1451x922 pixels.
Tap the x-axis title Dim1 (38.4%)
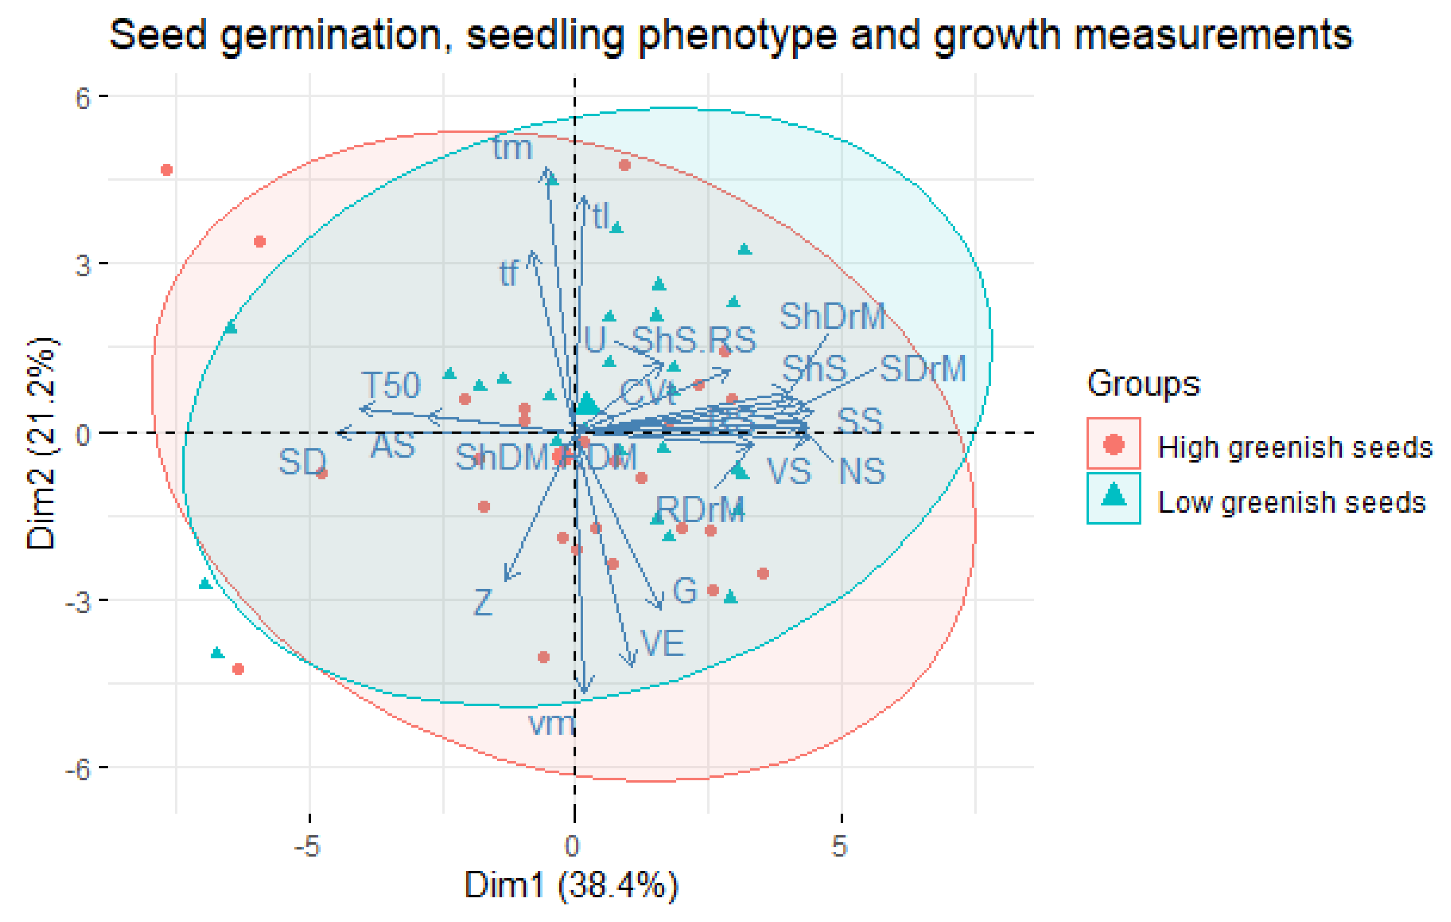(x=571, y=885)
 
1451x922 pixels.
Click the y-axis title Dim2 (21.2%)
(x=42, y=443)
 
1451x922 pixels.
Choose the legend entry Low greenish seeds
(x=1291, y=502)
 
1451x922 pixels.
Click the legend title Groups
(x=1143, y=383)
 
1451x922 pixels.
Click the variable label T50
(x=390, y=385)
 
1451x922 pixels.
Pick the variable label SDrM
(x=922, y=368)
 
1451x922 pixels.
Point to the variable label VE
(x=662, y=643)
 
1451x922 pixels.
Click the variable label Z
(x=483, y=602)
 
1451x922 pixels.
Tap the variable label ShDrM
(x=832, y=316)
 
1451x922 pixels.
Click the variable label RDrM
(x=700, y=509)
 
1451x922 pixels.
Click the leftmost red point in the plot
(x=167, y=170)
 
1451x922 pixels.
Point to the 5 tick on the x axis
(x=839, y=846)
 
